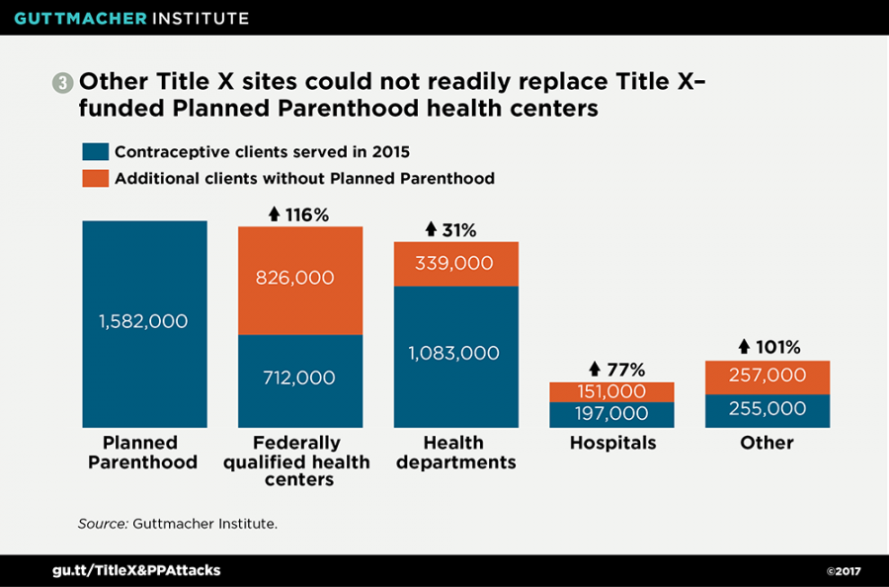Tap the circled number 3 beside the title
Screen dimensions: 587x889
63,84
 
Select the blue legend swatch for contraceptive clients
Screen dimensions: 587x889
95,152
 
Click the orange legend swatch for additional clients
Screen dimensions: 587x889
95,179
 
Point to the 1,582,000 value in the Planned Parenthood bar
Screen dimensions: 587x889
143,321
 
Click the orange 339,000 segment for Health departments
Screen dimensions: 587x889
455,264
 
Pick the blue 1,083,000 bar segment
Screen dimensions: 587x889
455,354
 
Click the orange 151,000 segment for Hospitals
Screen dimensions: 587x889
611,392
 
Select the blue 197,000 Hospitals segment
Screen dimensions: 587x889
611,414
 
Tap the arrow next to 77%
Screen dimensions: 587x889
594,370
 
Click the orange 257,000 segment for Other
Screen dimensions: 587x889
767,377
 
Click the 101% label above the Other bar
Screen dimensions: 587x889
776,347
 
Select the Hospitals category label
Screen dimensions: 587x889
611,443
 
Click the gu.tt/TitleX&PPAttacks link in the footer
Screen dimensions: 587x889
136,570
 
